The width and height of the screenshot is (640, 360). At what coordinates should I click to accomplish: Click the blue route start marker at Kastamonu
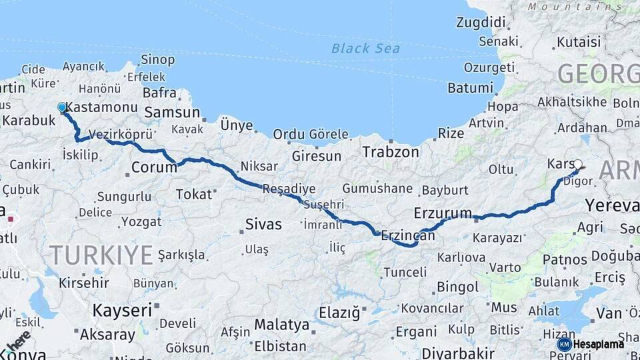(62, 107)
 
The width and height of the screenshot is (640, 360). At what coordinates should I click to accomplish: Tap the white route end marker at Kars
(578, 164)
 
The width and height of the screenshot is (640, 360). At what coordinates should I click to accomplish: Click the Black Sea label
(365, 48)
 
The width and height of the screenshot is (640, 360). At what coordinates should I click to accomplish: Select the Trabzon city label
(390, 152)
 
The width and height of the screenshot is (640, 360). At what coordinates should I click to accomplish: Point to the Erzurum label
(443, 213)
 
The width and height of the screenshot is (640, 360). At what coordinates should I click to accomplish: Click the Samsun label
(172, 113)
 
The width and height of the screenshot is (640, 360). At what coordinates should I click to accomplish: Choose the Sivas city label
(263, 224)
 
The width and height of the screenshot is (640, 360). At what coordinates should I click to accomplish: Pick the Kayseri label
(121, 310)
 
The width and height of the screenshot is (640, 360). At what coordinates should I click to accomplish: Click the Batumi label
(470, 87)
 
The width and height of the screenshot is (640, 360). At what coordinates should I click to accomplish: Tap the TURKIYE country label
(101, 255)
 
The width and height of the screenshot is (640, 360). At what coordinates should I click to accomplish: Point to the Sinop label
(158, 60)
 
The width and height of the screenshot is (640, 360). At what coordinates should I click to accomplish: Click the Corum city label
(154, 167)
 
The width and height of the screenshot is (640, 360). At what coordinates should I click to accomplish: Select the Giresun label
(316, 157)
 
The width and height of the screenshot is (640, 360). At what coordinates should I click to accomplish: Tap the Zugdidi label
(481, 22)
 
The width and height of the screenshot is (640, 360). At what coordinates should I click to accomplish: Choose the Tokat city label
(193, 194)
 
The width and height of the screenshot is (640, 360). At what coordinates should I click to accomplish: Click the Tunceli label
(405, 272)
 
